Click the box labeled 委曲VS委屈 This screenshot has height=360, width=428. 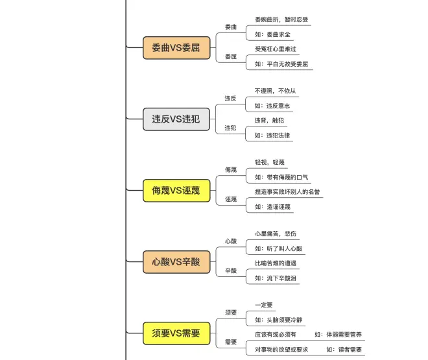pos(176,48)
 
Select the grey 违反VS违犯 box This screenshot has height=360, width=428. pos(176,119)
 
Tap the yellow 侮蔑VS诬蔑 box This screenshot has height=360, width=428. pos(176,191)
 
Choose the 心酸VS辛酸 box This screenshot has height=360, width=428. pos(176,262)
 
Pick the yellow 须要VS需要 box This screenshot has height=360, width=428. pos(176,333)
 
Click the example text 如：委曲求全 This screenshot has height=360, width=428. pos(272,34)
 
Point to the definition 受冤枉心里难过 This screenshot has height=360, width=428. pos(276,49)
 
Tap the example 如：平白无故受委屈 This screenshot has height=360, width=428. pos(281,64)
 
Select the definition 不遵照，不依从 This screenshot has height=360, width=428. pos(275,91)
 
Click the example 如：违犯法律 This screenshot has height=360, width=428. pos(272,136)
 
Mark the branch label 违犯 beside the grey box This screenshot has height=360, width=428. pos(230,128)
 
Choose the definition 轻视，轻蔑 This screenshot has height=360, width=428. pos(270,162)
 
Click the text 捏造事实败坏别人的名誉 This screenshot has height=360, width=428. pos(287,192)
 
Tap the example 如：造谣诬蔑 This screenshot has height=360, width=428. pos(272,207)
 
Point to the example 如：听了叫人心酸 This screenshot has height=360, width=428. pos(278,248)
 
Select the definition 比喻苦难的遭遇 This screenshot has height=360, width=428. pos(276,263)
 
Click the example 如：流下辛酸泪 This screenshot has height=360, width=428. pos(276,278)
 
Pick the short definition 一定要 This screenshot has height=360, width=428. pos(264,305)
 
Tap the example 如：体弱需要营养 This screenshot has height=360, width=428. pos(338,335)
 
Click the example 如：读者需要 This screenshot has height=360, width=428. pos(344,350)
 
